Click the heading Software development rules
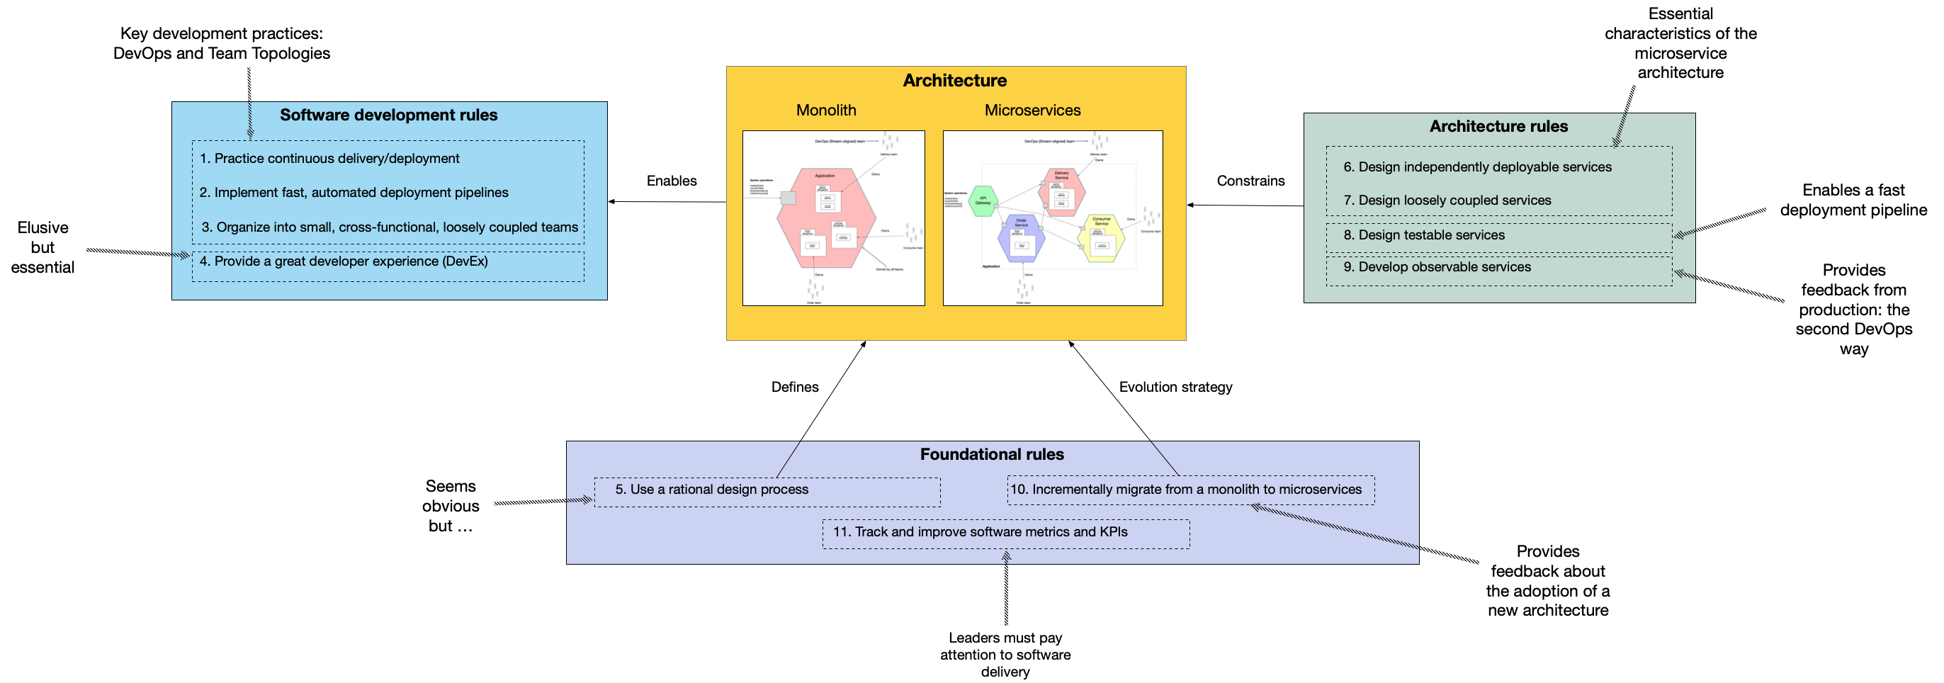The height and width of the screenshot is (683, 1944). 389,115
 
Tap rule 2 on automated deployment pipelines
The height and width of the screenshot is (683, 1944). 354,193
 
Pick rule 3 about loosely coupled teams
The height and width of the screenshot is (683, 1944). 390,227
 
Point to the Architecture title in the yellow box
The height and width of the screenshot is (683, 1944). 955,81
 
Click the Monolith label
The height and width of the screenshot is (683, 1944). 825,111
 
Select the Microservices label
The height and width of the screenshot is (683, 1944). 1032,111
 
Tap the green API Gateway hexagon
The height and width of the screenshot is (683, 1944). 983,201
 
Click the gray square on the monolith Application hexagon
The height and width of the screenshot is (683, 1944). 788,198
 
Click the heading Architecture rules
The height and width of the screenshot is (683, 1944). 1498,126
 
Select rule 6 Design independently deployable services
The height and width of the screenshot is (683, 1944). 1477,166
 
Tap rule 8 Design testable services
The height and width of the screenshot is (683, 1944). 1423,235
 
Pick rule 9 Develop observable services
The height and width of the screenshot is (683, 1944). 1437,266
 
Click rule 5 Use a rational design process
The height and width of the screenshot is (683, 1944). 711,489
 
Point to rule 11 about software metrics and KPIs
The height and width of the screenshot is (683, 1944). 980,531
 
